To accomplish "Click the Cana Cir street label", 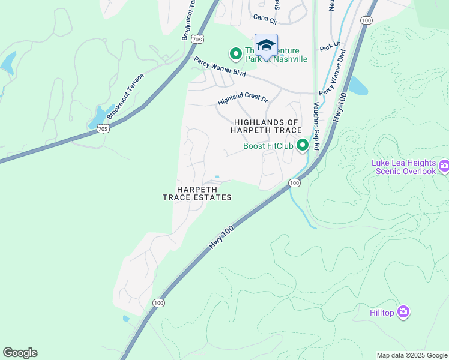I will click(x=265, y=20).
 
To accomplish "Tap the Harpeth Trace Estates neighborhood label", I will click(x=197, y=193).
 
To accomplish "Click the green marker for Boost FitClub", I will click(x=303, y=145).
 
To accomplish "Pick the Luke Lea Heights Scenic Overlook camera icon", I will click(x=444, y=166).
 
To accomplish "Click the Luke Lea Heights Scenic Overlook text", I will click(x=403, y=167).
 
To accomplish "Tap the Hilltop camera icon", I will click(x=403, y=311).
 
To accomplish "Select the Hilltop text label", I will click(x=382, y=312).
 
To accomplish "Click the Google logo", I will click(x=20, y=353).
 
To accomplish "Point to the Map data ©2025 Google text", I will click(x=412, y=355).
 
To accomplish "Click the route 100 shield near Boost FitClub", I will click(x=294, y=182).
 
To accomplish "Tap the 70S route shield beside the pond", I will click(x=103, y=128).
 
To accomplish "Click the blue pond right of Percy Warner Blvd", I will click(x=357, y=86).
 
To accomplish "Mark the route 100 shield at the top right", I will click(x=366, y=20).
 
